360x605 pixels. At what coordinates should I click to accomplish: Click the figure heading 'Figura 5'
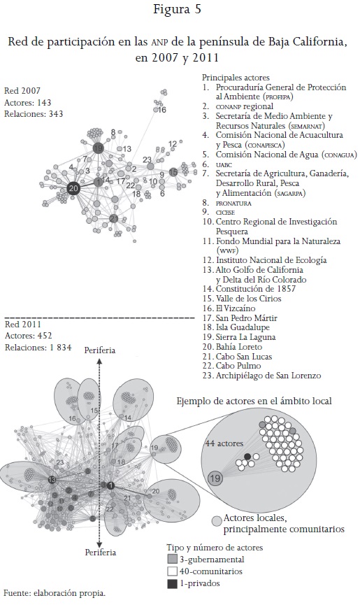(178, 9)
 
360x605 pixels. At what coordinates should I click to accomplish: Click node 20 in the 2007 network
(73, 188)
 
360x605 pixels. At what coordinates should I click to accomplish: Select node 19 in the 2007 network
(99, 148)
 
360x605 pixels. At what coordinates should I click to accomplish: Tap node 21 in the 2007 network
(113, 219)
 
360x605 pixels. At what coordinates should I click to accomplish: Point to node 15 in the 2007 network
(173, 172)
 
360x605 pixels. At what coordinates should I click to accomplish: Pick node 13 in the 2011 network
(52, 480)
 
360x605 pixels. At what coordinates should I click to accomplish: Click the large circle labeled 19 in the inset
(215, 478)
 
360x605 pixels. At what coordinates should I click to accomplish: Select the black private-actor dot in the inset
(247, 457)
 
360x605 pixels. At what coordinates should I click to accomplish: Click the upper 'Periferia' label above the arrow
(100, 350)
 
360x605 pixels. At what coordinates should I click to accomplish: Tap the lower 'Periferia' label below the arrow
(100, 552)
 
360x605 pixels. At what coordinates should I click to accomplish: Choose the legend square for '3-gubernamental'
(172, 560)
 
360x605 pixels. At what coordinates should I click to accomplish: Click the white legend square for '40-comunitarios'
(172, 571)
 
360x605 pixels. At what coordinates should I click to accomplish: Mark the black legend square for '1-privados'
(172, 583)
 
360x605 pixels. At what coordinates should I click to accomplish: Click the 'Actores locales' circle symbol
(217, 520)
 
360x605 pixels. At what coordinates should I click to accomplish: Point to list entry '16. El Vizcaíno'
(229, 308)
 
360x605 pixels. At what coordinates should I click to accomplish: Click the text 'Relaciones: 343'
(34, 114)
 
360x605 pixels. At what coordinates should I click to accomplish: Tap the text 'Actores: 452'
(28, 336)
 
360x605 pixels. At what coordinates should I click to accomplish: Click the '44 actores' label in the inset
(224, 443)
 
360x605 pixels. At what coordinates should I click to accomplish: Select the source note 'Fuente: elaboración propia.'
(55, 593)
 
